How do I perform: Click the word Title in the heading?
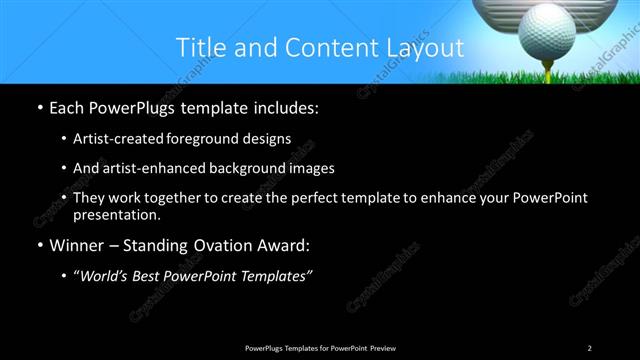tap(200, 47)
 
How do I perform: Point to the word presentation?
tap(116, 214)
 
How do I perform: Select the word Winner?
tap(78, 244)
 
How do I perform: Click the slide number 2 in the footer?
tap(589, 347)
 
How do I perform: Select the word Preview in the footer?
tap(381, 347)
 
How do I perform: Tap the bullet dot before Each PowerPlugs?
tap(38, 106)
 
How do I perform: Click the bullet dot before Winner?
tap(38, 245)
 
